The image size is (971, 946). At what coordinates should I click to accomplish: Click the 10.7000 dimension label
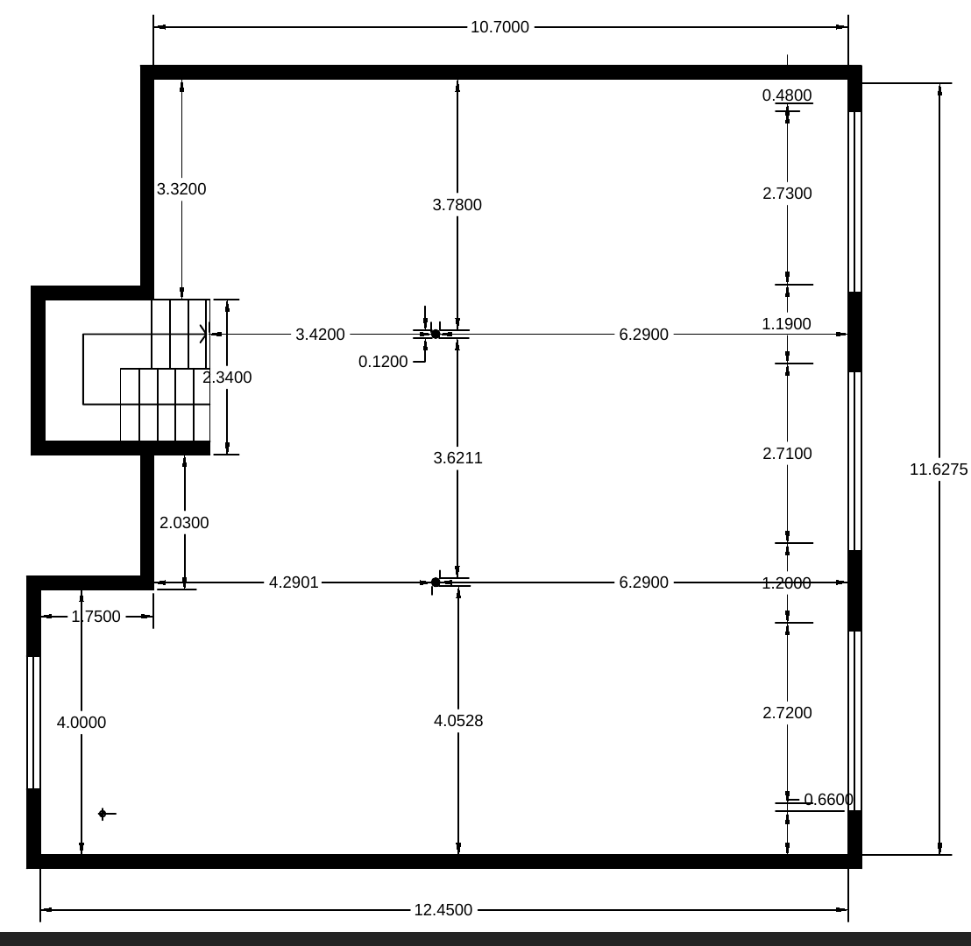coord(500,27)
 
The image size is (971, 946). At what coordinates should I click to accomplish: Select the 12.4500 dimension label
coord(443,910)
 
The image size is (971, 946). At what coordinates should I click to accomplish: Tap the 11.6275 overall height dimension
coord(939,469)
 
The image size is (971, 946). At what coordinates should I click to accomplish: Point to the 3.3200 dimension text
coord(181,189)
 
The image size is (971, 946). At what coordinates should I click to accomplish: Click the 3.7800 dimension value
coord(457,205)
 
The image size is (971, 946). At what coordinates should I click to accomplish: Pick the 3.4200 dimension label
coord(320,335)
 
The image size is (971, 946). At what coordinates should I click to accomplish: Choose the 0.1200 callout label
coord(383,362)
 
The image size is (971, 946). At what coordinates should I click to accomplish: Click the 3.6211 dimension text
coord(457,458)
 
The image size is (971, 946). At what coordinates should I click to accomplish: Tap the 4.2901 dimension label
coord(294,582)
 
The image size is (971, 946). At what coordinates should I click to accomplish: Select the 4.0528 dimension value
coord(458,721)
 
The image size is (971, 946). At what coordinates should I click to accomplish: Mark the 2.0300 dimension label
coord(184,523)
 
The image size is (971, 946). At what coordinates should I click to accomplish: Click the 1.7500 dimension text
coord(96,617)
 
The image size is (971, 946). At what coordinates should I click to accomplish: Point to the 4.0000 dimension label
coord(82,723)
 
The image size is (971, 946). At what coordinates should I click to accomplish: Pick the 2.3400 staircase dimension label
coord(227,378)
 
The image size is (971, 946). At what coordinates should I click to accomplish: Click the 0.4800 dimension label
coord(787,95)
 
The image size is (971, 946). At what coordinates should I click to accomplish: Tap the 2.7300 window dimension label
coord(787,194)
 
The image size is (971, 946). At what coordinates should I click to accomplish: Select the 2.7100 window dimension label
coord(787,454)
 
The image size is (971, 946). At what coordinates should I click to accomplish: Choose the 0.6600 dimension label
coord(828,800)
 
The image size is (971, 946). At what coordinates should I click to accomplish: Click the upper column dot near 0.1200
coord(436,335)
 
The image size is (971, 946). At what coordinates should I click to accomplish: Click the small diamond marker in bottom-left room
coord(103,814)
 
